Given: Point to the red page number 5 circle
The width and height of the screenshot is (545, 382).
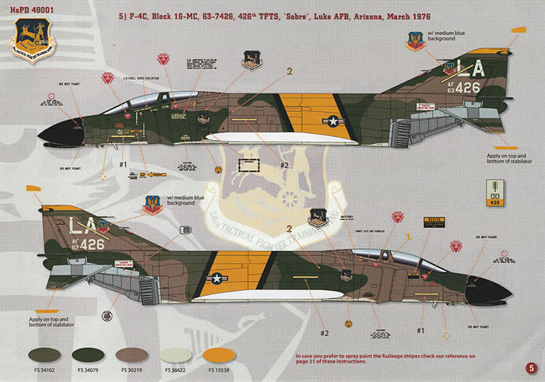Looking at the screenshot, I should (530, 368).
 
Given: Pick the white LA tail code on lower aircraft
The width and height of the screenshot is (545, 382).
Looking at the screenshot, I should (79, 227).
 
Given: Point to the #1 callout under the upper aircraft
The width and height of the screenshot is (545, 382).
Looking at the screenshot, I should (122, 165).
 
